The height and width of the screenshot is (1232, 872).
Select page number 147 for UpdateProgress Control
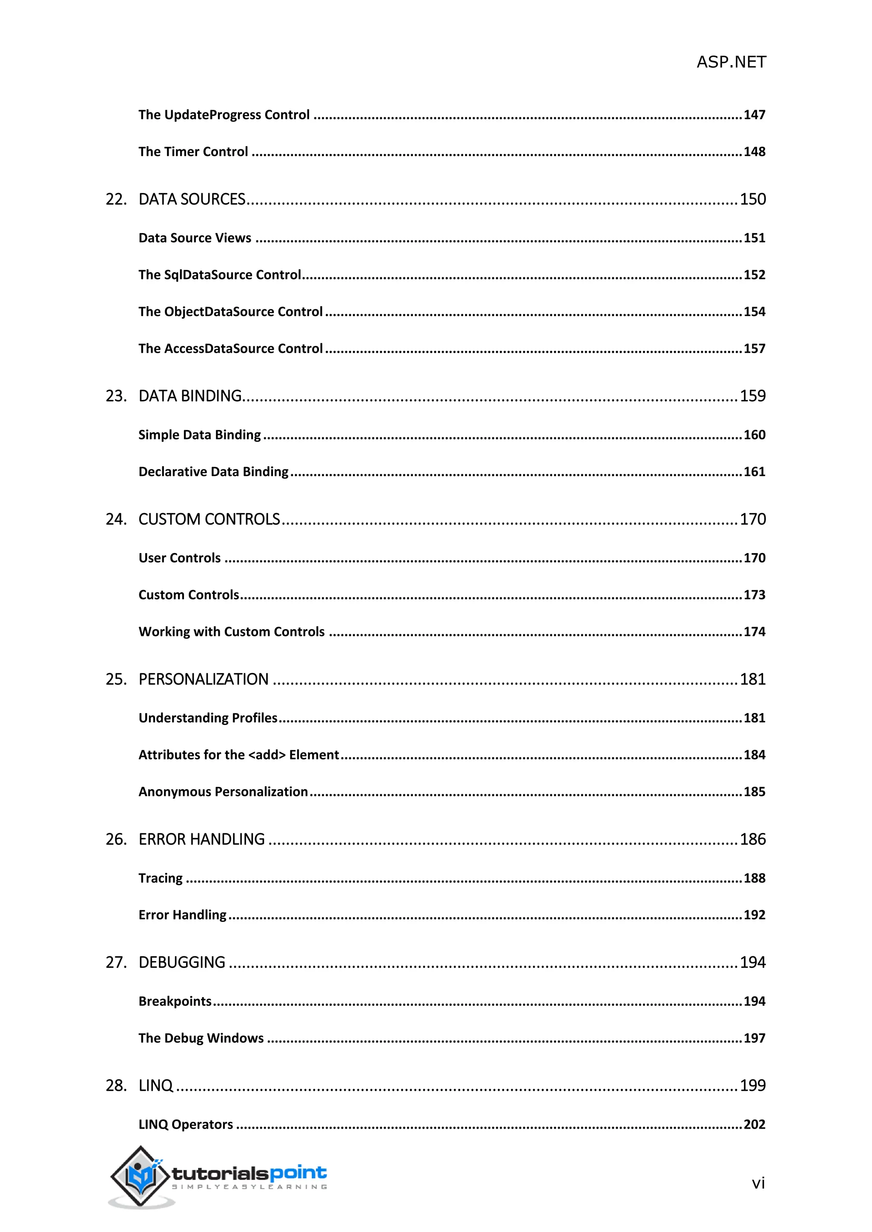tap(754, 115)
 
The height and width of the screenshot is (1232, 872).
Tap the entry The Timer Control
tap(193, 152)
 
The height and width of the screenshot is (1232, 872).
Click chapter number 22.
tap(116, 200)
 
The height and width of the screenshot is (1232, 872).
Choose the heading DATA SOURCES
tap(192, 200)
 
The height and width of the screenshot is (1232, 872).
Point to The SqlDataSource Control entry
tap(219, 275)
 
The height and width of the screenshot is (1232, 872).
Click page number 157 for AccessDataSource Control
tap(754, 349)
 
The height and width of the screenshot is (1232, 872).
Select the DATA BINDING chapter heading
tap(190, 396)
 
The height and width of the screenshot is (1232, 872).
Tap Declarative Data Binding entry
tap(213, 472)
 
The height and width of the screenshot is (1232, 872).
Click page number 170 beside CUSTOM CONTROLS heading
tap(752, 519)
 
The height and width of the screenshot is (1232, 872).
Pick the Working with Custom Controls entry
tap(232, 632)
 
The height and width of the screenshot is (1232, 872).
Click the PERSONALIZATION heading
tap(204, 679)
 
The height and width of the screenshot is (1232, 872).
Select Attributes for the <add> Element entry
tap(238, 755)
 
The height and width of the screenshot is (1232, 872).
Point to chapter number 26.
tap(116, 839)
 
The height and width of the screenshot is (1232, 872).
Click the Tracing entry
tap(160, 878)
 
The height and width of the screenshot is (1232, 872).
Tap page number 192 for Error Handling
tap(754, 915)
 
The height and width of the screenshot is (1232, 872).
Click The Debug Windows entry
tap(201, 1038)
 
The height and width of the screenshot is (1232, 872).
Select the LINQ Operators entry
tap(185, 1125)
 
